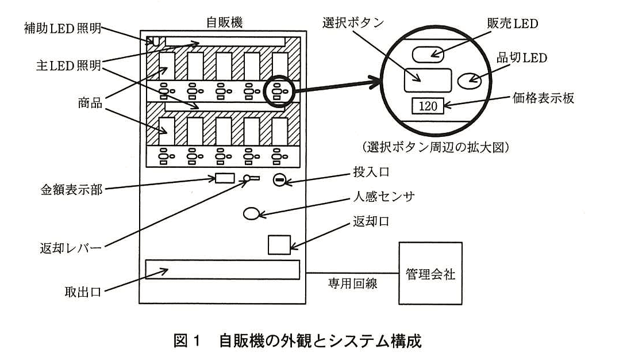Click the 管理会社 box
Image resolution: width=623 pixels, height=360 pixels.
pos(430,273)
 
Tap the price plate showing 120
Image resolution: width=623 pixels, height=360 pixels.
pos(428,106)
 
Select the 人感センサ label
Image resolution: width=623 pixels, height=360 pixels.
pos(384,196)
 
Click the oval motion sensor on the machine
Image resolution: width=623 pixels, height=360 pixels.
pos(251,214)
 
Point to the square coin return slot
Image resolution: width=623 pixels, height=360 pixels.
pos(279,245)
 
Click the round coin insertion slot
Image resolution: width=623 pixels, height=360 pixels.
pos(279,181)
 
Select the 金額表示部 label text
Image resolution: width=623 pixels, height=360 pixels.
pos(71,190)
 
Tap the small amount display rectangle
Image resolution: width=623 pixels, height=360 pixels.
pos(225,178)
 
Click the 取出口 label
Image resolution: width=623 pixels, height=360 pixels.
pos(83,292)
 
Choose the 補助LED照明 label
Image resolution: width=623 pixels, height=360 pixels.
pos(63,29)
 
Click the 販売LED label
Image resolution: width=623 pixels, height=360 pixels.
pos(513,24)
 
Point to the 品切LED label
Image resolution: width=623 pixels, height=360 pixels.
pos(522,58)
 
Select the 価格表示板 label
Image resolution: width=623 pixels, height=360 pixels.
pos(543,98)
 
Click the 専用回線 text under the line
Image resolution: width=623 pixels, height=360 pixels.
pos(353,284)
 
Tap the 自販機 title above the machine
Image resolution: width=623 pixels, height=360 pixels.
pos(224,22)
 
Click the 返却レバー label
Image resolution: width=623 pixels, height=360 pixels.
pos(71,248)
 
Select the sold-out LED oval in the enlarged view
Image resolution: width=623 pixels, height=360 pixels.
pos(469,81)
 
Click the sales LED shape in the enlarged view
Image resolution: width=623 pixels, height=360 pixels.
pos(428,54)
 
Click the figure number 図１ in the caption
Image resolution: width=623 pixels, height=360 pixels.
pos(186,341)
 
